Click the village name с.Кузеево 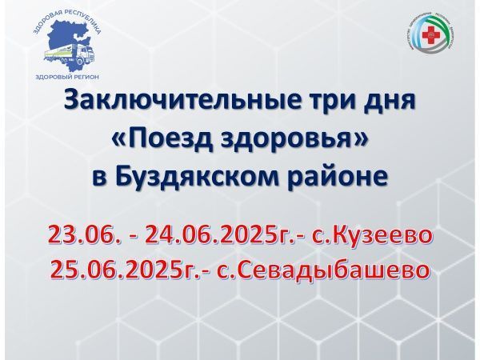378,236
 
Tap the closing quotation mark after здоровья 366,141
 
